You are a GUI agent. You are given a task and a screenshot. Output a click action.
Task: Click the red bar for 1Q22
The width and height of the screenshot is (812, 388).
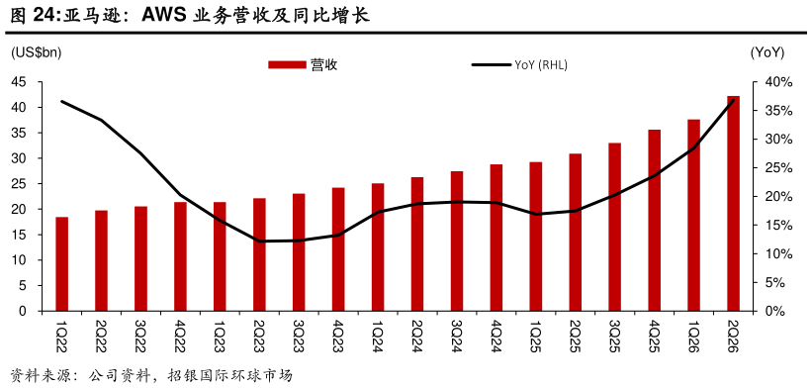(x=62, y=264)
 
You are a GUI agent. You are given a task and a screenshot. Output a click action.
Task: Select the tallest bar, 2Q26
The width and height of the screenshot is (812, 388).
(x=733, y=204)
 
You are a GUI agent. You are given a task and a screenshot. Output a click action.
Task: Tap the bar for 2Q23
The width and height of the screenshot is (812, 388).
(x=259, y=254)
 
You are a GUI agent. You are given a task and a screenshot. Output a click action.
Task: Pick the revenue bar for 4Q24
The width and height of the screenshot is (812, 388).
(x=496, y=238)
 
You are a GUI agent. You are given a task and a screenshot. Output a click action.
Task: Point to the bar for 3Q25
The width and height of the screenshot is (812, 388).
(x=615, y=227)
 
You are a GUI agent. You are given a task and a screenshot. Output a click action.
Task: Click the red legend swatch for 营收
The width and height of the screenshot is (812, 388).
(x=287, y=64)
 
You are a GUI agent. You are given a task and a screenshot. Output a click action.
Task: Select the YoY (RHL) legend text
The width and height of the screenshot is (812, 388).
(x=541, y=64)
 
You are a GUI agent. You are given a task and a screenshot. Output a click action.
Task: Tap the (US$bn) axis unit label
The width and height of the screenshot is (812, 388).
(x=37, y=52)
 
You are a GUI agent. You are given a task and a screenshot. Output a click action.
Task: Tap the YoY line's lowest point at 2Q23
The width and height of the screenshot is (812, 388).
(x=259, y=241)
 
